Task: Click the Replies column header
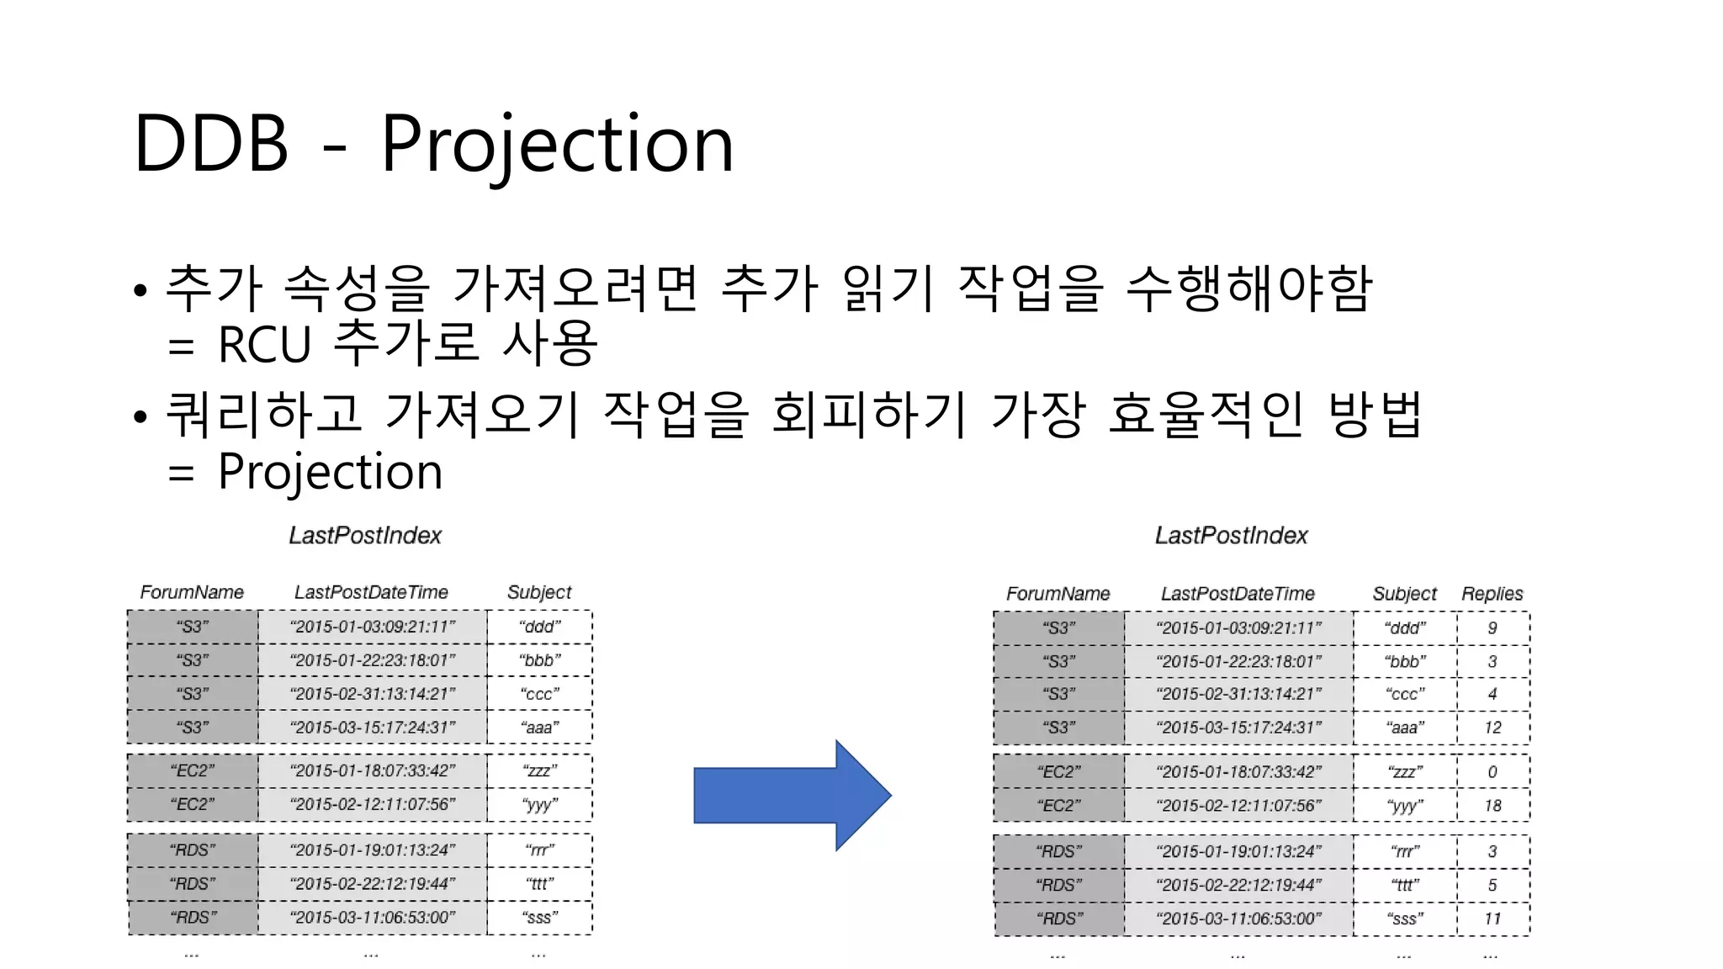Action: point(1492,593)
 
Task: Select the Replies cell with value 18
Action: point(1492,805)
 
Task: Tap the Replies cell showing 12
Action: point(1492,727)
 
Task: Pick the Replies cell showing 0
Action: point(1492,771)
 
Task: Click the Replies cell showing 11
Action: point(1492,919)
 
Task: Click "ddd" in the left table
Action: point(539,627)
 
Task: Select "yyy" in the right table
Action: point(1404,805)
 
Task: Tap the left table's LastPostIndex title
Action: point(364,535)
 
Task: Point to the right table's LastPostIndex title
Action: point(1231,535)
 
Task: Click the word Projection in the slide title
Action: point(557,145)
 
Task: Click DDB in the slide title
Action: point(211,145)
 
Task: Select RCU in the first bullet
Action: point(264,344)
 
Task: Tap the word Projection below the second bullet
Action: point(330,471)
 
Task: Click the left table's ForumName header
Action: point(192,592)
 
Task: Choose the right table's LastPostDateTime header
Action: point(1238,593)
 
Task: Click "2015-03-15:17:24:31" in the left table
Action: point(372,727)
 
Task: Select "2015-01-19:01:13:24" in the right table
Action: point(1238,851)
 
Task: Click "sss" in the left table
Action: point(539,917)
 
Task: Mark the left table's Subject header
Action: point(538,592)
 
